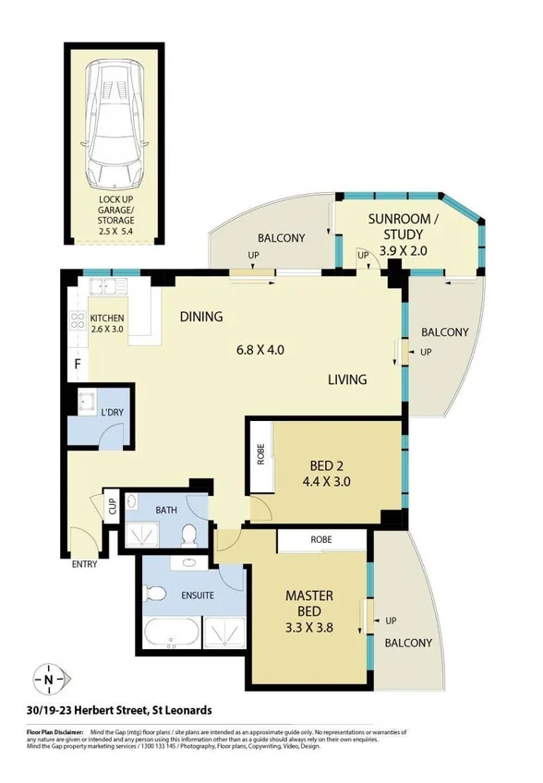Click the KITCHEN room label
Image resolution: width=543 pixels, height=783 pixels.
pos(108,319)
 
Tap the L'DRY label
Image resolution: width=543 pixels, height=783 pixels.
pos(113,412)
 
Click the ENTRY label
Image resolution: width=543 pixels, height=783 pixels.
pos(84,565)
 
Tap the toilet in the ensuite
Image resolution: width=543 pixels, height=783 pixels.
pos(157,592)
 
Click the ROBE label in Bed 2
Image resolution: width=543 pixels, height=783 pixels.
pos(260,457)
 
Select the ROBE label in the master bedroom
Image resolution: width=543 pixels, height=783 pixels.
pos(321,539)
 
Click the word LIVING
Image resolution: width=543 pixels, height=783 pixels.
pos(346,379)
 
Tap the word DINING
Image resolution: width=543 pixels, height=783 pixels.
pos(201,317)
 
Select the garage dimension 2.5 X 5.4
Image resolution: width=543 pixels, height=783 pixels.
pos(116,232)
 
